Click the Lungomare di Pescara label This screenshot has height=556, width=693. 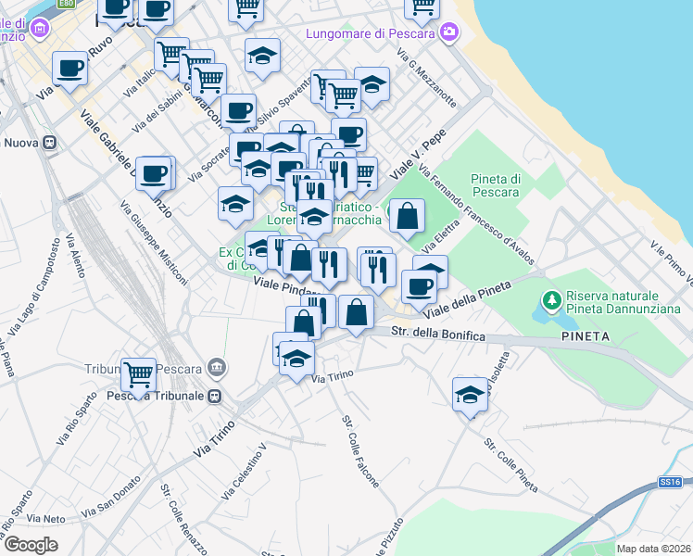[373, 34]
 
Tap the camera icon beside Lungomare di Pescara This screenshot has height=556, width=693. [449, 33]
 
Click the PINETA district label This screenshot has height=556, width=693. [586, 338]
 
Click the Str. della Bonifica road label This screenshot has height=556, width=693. [438, 334]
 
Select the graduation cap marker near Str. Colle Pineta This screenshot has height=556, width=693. [471, 395]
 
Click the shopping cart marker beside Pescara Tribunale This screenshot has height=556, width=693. [139, 375]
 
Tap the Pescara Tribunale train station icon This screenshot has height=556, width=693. [215, 396]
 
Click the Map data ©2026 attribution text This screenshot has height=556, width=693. [654, 549]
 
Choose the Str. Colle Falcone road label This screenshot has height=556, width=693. [360, 451]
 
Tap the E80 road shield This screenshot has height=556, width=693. [65, 4]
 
